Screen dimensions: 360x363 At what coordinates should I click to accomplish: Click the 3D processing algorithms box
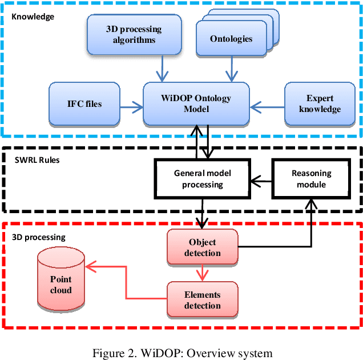pyautogui.click(x=134, y=34)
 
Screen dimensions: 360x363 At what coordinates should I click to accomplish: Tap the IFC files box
pyautogui.click(x=84, y=104)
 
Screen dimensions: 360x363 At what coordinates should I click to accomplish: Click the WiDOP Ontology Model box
pyautogui.click(x=196, y=103)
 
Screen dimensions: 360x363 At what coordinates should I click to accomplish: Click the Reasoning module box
pyautogui.click(x=311, y=178)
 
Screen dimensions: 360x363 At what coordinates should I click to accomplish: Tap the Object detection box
pyautogui.click(x=203, y=247)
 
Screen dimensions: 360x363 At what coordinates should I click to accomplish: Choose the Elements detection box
pyautogui.click(x=202, y=300)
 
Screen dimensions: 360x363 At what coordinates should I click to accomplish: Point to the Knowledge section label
pyautogui.click(x=33, y=17)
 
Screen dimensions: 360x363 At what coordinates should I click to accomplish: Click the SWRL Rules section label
pyautogui.click(x=36, y=159)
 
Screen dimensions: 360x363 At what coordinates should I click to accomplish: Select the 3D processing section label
pyautogui.click(x=39, y=237)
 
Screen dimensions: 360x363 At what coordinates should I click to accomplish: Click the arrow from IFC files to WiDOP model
pyautogui.click(x=131, y=104)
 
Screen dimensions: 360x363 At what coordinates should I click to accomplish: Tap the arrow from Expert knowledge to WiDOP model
pyautogui.click(x=267, y=104)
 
